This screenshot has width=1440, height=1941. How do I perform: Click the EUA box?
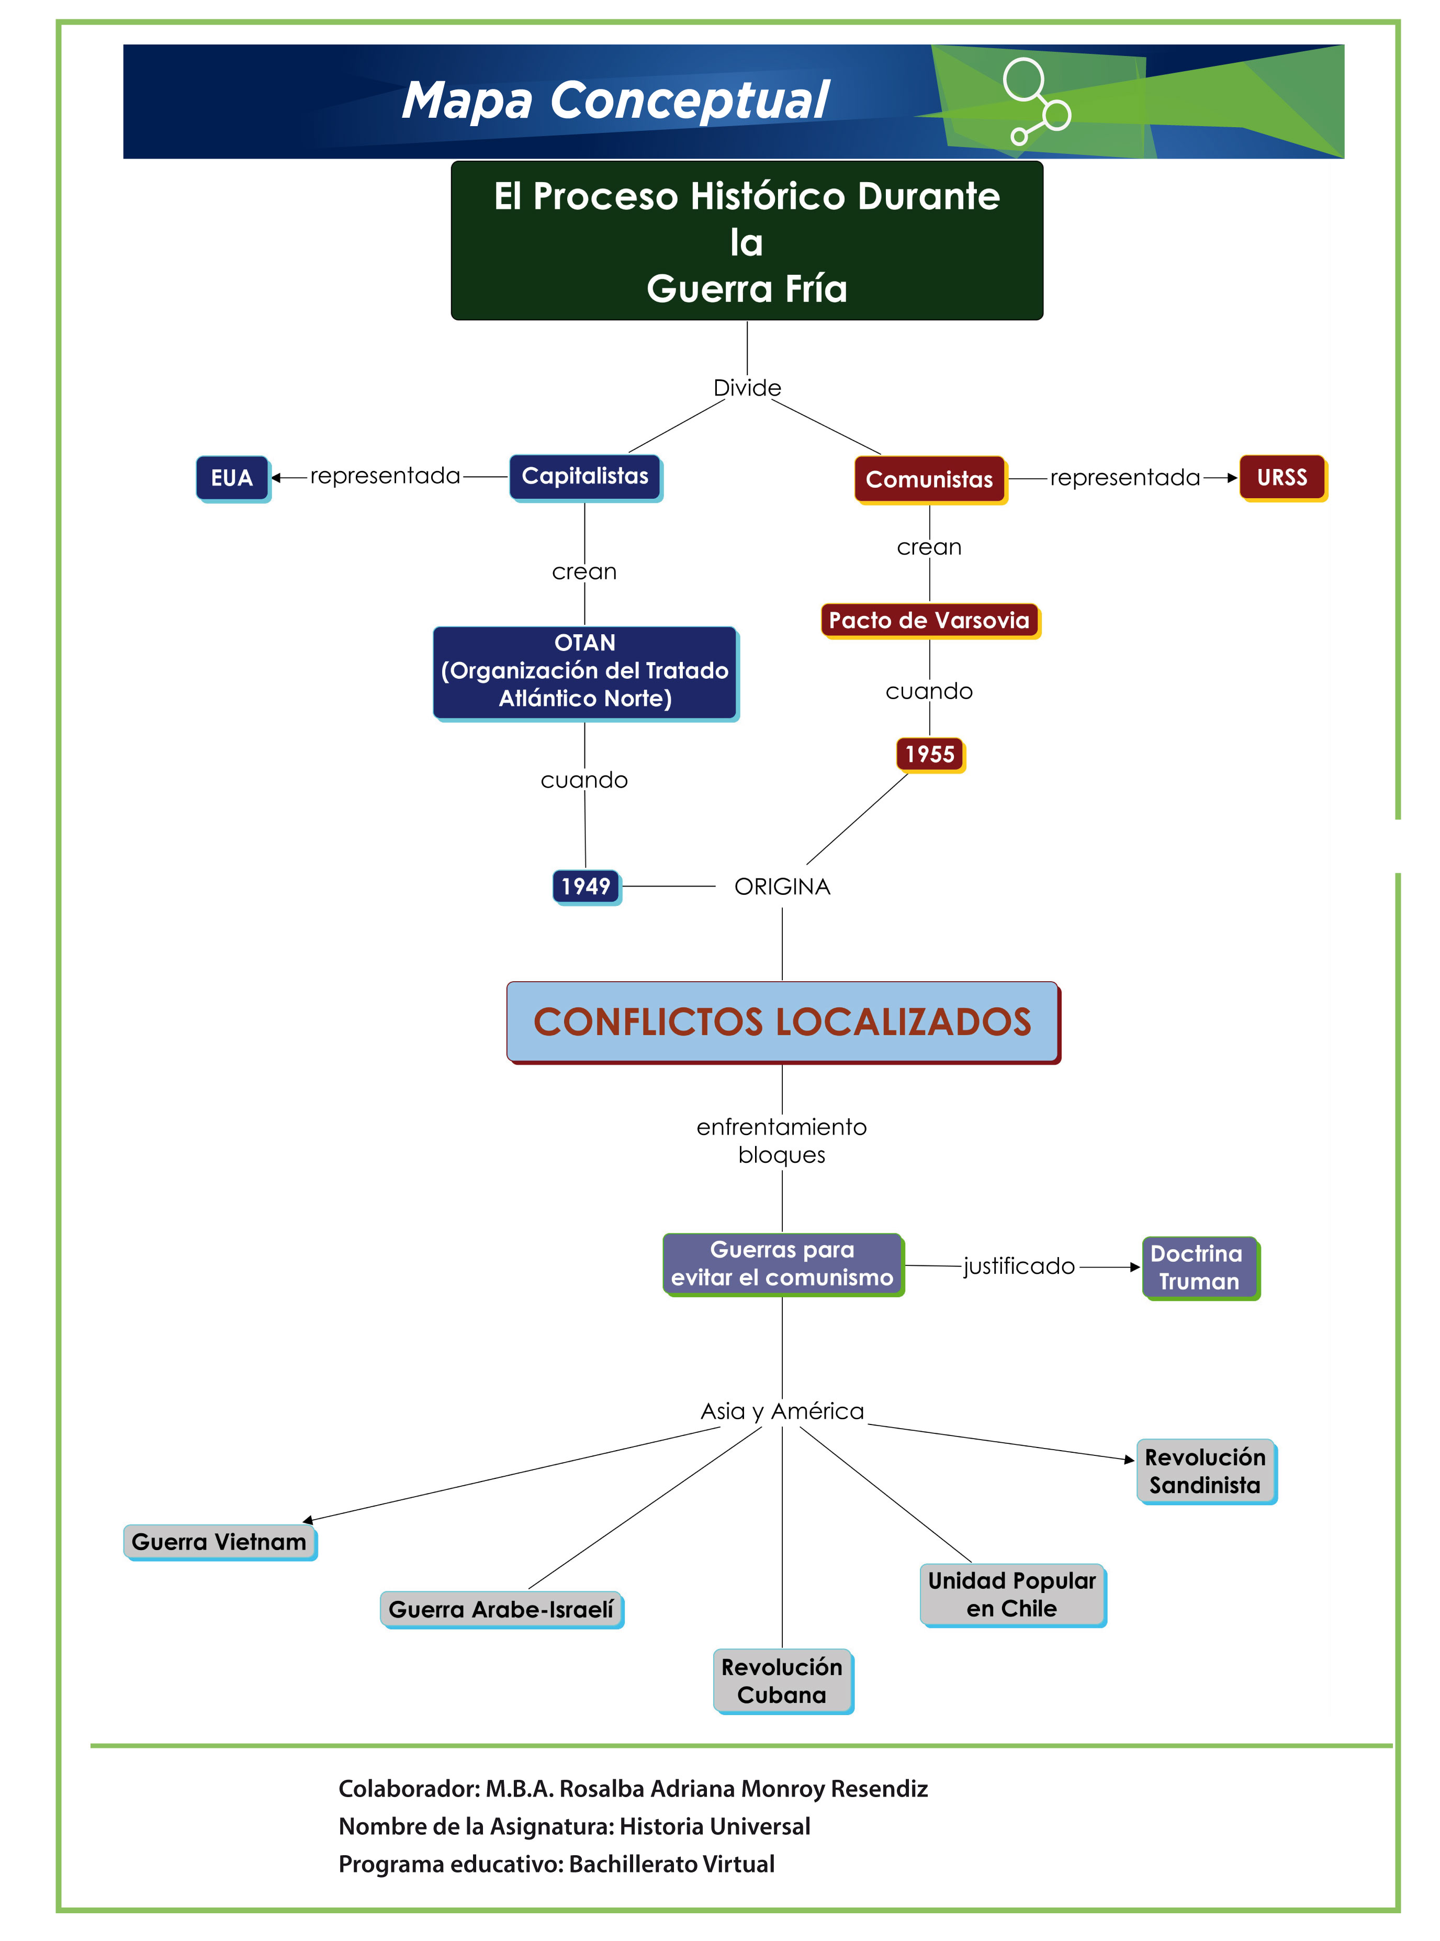click(232, 478)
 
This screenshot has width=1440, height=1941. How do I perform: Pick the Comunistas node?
click(929, 479)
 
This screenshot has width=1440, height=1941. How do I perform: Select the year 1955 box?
click(930, 754)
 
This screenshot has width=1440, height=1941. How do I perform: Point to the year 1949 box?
click(586, 887)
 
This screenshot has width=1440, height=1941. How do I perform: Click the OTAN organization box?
click(585, 670)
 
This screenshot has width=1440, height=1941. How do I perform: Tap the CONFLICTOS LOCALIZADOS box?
click(782, 1022)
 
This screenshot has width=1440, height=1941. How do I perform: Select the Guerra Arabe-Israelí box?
click(501, 1608)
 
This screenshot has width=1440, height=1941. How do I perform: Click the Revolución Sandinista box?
click(1206, 1471)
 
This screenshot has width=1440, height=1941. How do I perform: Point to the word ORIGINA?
click(782, 887)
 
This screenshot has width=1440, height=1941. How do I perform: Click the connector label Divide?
click(747, 388)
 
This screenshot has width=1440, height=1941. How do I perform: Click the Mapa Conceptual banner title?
click(615, 100)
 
